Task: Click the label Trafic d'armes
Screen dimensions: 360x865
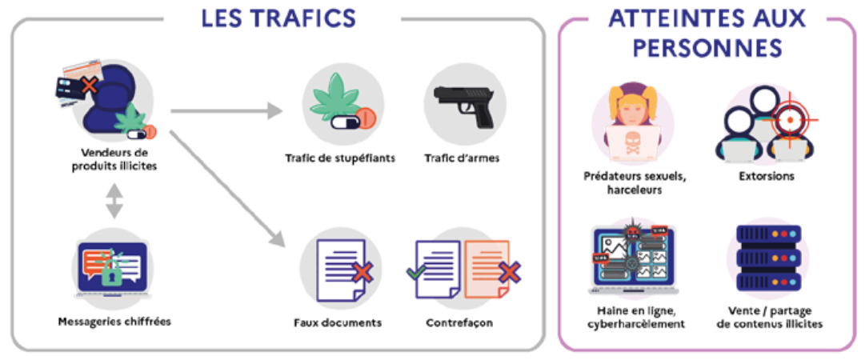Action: pos(462,158)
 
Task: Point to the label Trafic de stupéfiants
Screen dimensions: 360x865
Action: pos(340,158)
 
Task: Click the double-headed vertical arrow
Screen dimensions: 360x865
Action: pos(114,199)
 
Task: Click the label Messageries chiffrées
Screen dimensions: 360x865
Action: pos(114,322)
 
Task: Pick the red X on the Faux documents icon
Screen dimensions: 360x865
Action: pos(362,274)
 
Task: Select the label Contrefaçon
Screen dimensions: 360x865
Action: pos(459,323)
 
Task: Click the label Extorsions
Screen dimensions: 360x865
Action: pos(767,176)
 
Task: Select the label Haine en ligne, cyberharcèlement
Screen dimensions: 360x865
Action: pos(631,318)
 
